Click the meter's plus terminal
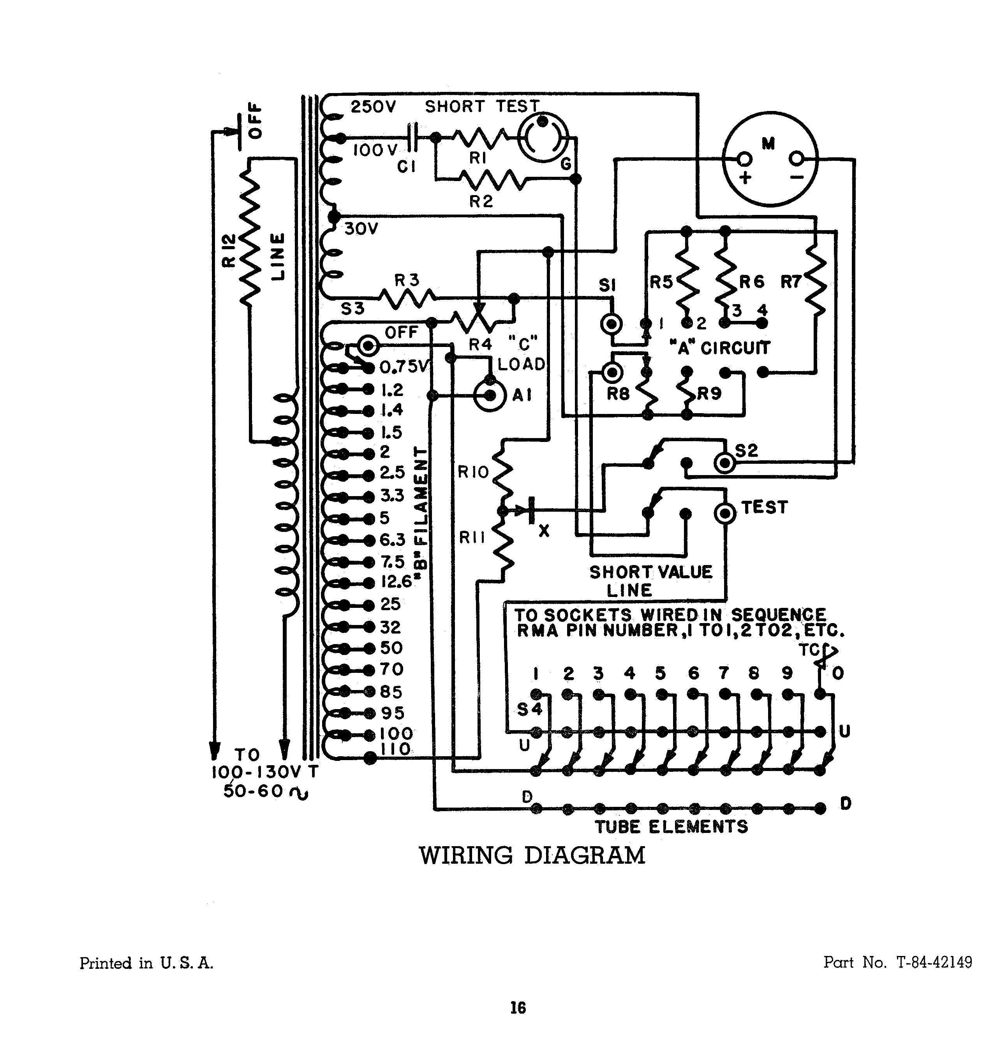pyautogui.click(x=744, y=159)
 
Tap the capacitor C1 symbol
pyautogui.click(x=413, y=138)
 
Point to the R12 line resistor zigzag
pyautogui.click(x=250, y=236)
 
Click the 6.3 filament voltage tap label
pyautogui.click(x=393, y=540)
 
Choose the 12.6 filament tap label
pyautogui.click(x=396, y=582)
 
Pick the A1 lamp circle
pyautogui.click(x=490, y=395)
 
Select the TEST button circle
pyautogui.click(x=725, y=513)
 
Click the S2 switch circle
pyautogui.click(x=725, y=463)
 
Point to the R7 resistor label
pyautogui.click(x=791, y=282)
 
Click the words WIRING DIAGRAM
pyautogui.click(x=532, y=856)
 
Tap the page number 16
pyautogui.click(x=518, y=1007)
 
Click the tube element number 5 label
pyautogui.click(x=660, y=673)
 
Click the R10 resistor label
pyautogui.click(x=473, y=472)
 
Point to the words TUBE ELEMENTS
pyautogui.click(x=671, y=826)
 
